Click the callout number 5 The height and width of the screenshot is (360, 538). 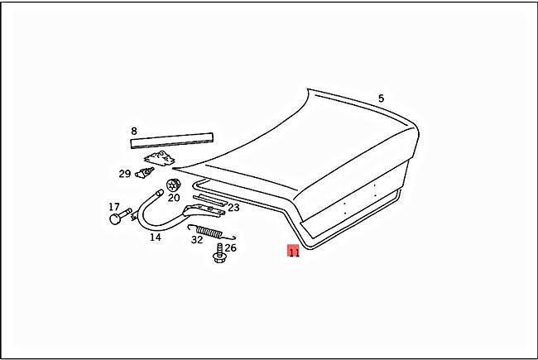click(x=381, y=98)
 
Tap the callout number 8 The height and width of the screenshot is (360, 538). click(x=134, y=131)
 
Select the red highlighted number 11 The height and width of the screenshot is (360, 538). click(x=294, y=252)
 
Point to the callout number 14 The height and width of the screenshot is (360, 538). click(x=155, y=238)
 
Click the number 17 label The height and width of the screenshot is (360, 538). click(x=114, y=207)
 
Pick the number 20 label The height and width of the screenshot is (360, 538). click(x=174, y=198)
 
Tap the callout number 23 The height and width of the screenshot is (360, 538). click(x=233, y=208)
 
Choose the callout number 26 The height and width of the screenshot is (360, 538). click(x=231, y=247)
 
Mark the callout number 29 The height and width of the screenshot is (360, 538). click(x=125, y=174)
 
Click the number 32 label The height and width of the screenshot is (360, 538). click(x=197, y=239)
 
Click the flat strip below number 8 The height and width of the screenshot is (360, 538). click(x=172, y=141)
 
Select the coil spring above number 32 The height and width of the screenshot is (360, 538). click(x=211, y=232)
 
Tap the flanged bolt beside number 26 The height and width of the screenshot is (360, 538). click(x=218, y=253)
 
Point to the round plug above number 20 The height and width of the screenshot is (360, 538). click(x=174, y=185)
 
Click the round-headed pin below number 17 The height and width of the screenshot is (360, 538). click(x=120, y=215)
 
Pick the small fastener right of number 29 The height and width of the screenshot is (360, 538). click(x=145, y=173)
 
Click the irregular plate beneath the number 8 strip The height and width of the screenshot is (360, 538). click(x=159, y=159)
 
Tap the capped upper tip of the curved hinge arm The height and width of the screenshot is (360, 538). click(x=160, y=192)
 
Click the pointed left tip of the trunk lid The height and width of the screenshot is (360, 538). click(x=173, y=169)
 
